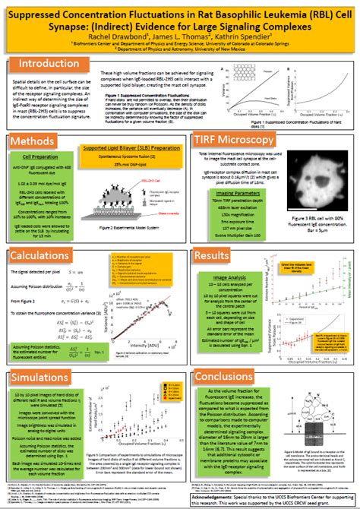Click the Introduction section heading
pos(49,64)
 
